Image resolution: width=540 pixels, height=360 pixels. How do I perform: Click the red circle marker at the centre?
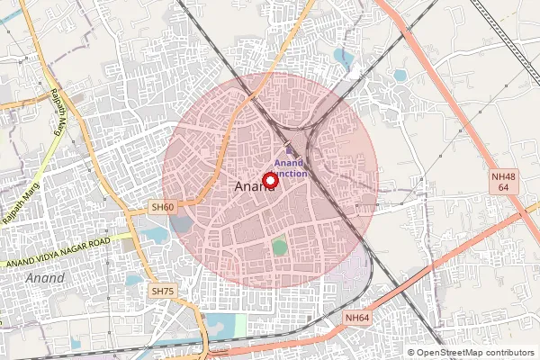coord(270,180)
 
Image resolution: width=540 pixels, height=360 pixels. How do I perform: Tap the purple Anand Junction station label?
coord(291,167)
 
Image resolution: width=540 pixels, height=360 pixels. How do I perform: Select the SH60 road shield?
coord(163,208)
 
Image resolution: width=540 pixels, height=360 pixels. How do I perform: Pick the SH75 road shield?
coord(162,292)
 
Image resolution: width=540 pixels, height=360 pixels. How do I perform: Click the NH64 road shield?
coord(356,318)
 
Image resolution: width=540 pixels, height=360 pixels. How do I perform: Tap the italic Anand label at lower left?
coord(45,278)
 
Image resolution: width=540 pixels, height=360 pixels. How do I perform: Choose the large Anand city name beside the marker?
coord(252,187)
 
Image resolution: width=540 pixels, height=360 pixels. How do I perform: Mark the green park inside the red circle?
coord(280,247)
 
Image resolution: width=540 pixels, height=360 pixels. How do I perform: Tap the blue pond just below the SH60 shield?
coord(155,237)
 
